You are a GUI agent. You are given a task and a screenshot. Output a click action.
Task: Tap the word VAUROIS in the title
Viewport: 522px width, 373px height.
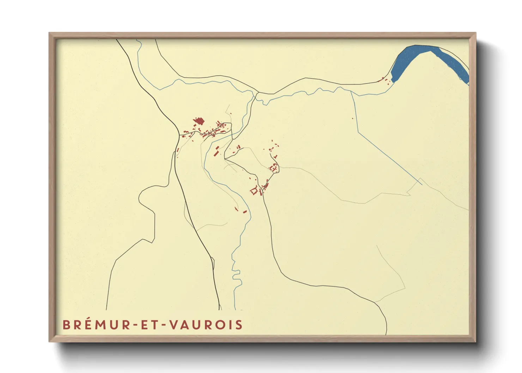tap(206, 325)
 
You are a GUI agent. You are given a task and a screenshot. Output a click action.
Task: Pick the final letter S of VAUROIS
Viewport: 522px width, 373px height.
tap(239, 325)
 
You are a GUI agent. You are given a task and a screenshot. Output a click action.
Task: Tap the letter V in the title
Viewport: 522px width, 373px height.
tap(174, 325)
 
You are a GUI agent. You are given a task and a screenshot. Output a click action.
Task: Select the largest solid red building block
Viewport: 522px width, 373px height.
tap(199, 121)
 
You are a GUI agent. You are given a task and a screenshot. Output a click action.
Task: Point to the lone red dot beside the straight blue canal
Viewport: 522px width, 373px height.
tap(352, 118)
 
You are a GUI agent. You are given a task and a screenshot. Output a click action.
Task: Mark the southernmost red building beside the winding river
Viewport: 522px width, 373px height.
tap(244, 212)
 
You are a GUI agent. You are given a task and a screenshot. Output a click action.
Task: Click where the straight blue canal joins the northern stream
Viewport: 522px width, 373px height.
tap(351, 92)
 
